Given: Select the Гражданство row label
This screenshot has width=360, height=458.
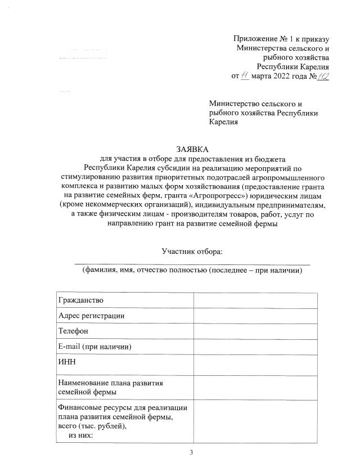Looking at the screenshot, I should click(x=81, y=300).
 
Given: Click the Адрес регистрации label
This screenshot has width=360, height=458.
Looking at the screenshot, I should click(x=91, y=316).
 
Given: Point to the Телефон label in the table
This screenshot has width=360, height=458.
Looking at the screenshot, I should click(x=73, y=331).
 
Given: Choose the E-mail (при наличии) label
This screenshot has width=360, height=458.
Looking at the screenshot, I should click(x=95, y=346).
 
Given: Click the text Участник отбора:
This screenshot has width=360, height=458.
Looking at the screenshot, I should click(x=193, y=250).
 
